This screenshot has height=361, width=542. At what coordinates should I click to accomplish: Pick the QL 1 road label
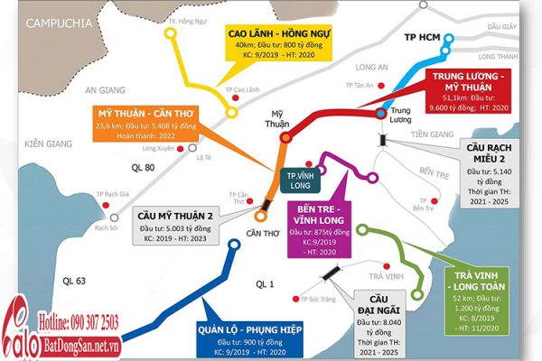(264, 284)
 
